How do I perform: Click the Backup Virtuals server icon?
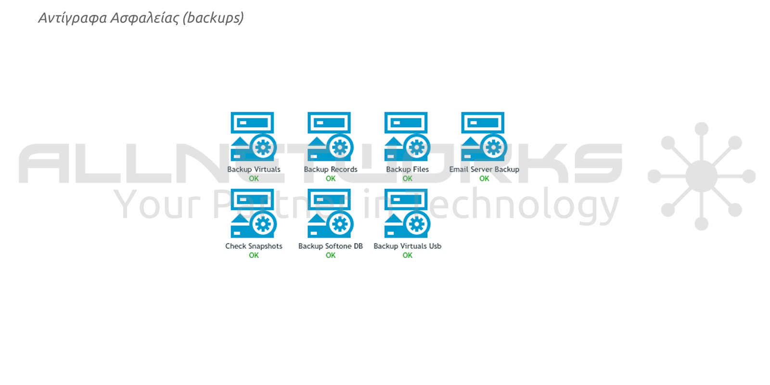[x=254, y=137]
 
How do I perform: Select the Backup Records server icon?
[x=330, y=137]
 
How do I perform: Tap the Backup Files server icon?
[x=407, y=137]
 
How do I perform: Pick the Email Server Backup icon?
[x=484, y=137]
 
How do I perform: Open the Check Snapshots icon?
[x=254, y=213]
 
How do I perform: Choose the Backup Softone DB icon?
[x=330, y=213]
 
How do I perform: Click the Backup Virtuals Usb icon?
[x=407, y=213]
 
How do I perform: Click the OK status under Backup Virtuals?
[x=254, y=179]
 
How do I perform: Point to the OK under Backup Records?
[x=330, y=179]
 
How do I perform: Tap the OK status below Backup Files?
[x=407, y=179]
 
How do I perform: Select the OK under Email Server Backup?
[x=484, y=179]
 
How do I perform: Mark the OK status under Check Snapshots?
[x=254, y=255]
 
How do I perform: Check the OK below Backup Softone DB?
[x=330, y=255]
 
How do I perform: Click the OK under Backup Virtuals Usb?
[x=407, y=255]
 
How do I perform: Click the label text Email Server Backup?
[x=484, y=169]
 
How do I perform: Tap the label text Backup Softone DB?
[x=330, y=246]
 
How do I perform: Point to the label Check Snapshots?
[x=254, y=246]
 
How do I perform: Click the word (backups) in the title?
[x=213, y=18]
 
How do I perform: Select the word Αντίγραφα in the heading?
[x=73, y=18]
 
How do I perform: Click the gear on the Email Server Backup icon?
[x=494, y=147]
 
